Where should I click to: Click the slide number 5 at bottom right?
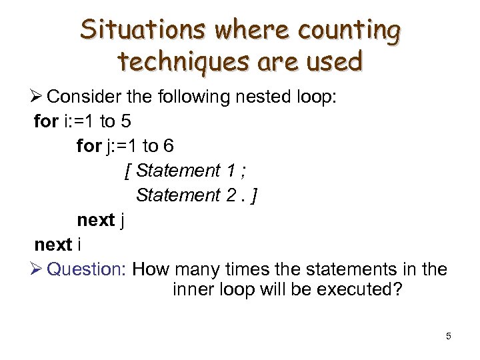pyautogui.click(x=449, y=336)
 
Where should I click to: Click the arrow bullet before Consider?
pyautogui.click(x=38, y=97)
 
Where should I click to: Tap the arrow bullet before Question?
pyautogui.click(x=38, y=269)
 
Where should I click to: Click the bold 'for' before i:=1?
pyautogui.click(x=46, y=121)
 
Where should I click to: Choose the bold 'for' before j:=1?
pyautogui.click(x=89, y=145)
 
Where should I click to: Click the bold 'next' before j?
pyautogui.click(x=96, y=220)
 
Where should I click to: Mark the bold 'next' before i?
pyautogui.click(x=53, y=245)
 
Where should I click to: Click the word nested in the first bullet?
pyautogui.click(x=255, y=97)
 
